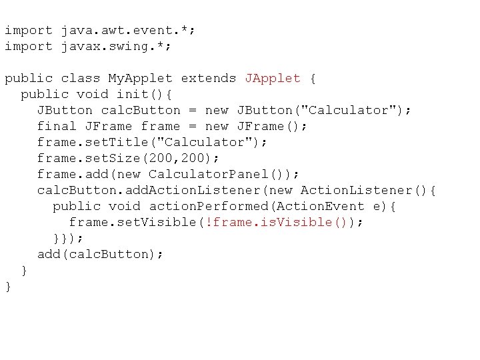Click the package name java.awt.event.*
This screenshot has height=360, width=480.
click(x=128, y=30)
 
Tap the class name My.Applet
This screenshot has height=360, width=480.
click(x=140, y=78)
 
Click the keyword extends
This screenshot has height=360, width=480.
click(x=209, y=78)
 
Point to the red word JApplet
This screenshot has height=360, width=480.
click(x=273, y=78)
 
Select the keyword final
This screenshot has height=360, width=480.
click(x=57, y=126)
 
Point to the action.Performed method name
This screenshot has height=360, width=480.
click(x=208, y=206)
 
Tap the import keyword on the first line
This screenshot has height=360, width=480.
click(x=28, y=30)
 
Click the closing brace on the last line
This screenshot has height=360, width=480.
click(x=8, y=286)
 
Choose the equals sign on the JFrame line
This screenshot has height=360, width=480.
click(x=193, y=126)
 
